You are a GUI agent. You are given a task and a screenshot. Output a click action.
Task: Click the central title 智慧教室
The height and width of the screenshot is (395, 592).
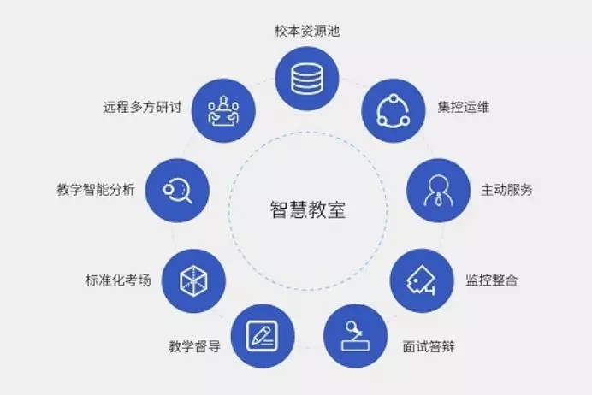pos(308,209)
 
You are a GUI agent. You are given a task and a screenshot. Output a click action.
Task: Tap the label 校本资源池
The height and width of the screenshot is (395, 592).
pos(307,31)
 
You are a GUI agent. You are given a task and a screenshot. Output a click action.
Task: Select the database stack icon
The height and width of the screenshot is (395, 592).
pos(307,79)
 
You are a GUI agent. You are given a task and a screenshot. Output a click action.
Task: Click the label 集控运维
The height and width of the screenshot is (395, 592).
pos(464,107)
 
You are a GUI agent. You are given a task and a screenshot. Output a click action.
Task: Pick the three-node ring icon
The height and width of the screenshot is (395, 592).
pos(393,111)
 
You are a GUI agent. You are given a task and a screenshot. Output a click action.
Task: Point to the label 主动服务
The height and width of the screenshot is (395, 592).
pos(506,190)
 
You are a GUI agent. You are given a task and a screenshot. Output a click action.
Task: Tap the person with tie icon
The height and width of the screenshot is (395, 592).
pos(438,191)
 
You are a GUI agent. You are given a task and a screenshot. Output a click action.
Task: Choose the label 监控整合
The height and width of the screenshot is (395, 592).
pos(491,280)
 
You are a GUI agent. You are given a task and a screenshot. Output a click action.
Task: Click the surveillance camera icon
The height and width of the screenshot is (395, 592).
pos(421,280)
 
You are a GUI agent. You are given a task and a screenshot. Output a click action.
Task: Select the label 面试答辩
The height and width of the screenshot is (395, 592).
pos(429,346)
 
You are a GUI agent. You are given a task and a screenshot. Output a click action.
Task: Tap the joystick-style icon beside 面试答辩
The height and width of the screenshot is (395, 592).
pos(355,336)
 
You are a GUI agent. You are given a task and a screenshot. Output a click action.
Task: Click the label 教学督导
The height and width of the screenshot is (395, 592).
pos(195,346)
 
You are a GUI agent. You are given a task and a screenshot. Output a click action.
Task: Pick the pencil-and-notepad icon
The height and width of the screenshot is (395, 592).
pos(262,336)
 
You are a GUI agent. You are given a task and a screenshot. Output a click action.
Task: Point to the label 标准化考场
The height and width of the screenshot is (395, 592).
pos(118,280)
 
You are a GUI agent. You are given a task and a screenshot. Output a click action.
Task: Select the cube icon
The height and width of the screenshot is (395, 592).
pos(193,281)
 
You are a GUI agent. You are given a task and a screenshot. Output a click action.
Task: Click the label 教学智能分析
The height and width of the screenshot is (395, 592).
pos(96,190)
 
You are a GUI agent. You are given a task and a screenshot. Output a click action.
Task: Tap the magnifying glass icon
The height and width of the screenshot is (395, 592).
pos(177,191)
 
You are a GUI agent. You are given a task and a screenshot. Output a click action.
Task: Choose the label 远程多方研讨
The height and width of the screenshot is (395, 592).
pos(142,107)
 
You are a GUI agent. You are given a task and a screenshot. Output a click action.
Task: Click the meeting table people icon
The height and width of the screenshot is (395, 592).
pos(223,110)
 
